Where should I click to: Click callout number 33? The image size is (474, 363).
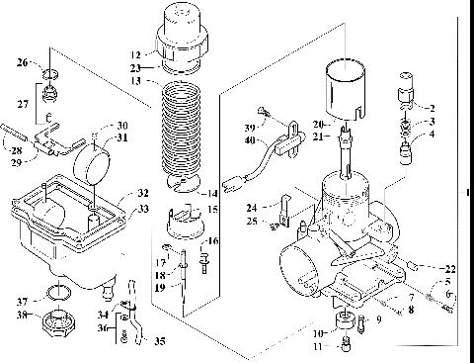144,210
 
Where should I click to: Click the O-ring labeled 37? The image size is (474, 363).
58,292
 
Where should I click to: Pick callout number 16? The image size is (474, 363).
215,241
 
